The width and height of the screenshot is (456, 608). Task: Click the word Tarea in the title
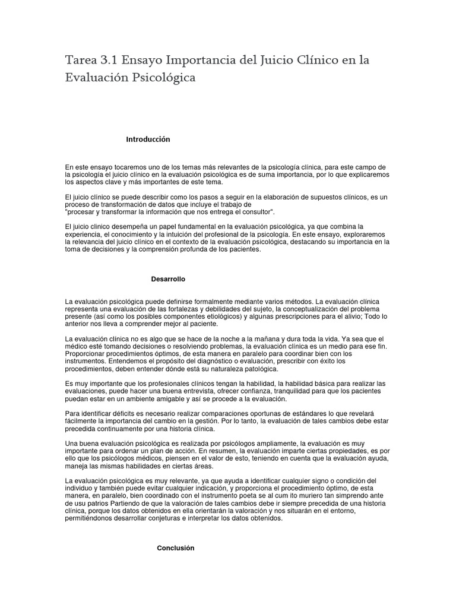coord(82,60)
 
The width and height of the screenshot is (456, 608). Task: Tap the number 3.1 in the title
coord(113,60)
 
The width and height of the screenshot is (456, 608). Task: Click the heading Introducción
coord(148,140)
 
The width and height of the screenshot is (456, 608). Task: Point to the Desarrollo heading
coord(169,278)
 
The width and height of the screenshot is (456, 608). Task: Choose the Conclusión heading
coord(176,548)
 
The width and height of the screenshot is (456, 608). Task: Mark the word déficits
coord(129,414)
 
